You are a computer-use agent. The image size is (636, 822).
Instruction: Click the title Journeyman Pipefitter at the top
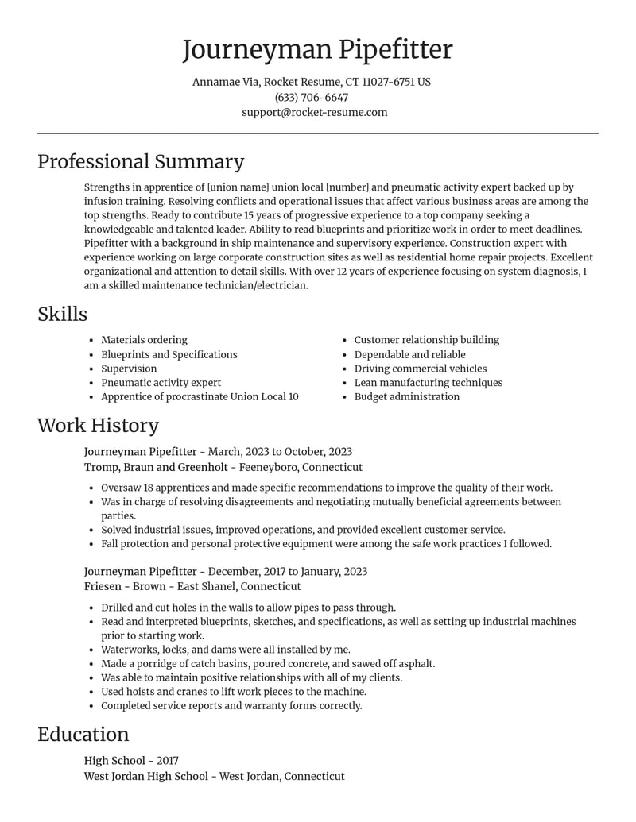317,49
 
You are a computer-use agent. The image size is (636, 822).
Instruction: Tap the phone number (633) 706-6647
312,97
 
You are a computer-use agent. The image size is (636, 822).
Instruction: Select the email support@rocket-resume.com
315,112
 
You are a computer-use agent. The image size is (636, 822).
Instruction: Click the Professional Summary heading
141,161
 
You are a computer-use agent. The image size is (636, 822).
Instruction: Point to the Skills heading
63,314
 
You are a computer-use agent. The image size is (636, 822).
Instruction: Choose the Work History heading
98,425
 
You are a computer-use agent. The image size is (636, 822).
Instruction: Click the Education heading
83,734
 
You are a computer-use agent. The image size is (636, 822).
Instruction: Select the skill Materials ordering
144,340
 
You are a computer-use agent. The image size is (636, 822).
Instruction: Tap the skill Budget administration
406,396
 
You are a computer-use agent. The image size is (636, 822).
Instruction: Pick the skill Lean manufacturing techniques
428,382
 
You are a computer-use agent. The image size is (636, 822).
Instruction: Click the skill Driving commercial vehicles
420,369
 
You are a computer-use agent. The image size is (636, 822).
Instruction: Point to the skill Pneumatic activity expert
161,382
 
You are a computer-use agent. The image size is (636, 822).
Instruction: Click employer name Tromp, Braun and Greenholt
156,467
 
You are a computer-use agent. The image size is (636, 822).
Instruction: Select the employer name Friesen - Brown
125,586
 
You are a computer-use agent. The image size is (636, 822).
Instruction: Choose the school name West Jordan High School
145,776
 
